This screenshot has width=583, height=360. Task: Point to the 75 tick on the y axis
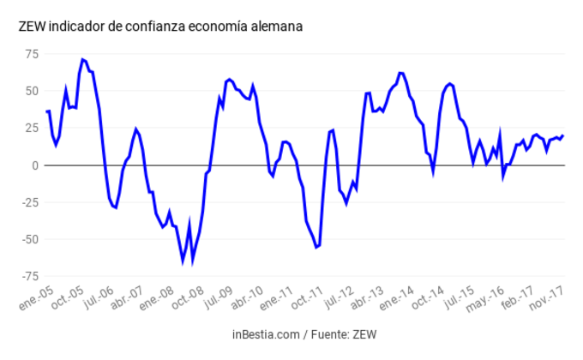[32, 55]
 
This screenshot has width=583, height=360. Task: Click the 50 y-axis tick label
[32, 92]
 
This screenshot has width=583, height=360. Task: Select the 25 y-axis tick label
[32, 129]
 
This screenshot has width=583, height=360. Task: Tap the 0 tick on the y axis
[35, 165]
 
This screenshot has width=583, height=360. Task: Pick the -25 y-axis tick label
[30, 202]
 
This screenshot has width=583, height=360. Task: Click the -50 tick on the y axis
[30, 239]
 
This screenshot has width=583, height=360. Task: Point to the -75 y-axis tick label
[30, 276]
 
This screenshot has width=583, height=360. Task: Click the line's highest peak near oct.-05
[82, 59]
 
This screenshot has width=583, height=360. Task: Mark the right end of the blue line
[563, 135]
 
